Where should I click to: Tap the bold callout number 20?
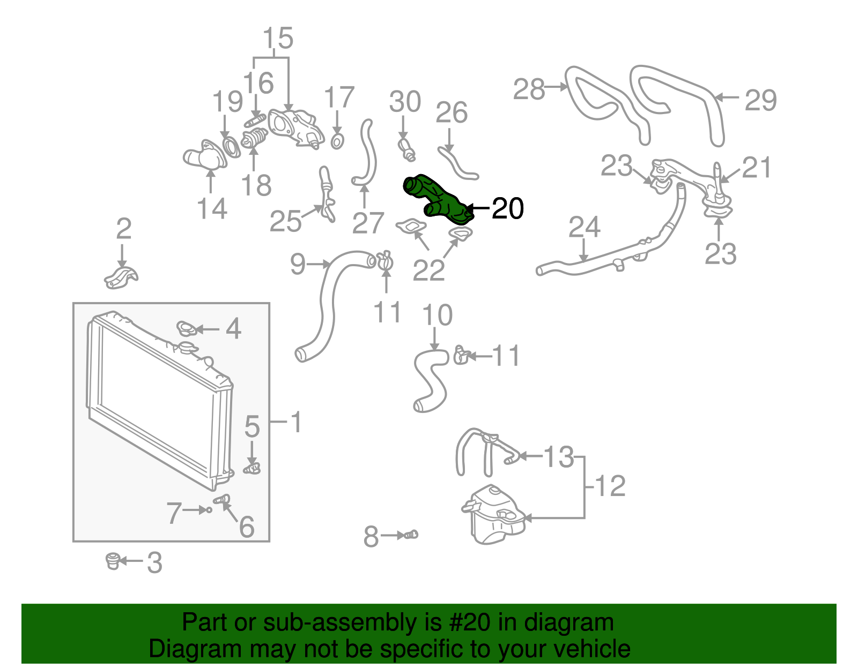coord(507,208)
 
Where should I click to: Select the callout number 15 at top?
coord(278,39)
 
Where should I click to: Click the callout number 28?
coord(529,89)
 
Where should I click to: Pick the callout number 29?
coord(760,100)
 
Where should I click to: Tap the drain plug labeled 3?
coord(112,561)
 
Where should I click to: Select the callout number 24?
coord(584,228)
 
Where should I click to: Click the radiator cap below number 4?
coord(188,349)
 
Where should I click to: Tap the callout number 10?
coord(437,315)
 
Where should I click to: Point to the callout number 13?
coord(558,457)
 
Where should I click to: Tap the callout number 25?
coord(285,221)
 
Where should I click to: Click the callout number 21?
coord(756,168)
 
